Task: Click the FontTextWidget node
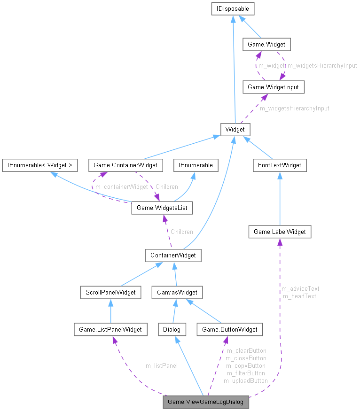280,165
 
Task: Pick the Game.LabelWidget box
280,232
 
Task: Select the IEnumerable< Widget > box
39,165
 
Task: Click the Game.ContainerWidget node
125,165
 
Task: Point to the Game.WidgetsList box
162,207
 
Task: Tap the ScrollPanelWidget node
110,292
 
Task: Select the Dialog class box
172,329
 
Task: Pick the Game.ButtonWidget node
229,329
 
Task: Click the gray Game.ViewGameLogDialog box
205,403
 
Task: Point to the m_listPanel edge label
161,365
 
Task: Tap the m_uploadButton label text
245,380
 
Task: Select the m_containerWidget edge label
121,187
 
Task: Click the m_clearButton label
246,350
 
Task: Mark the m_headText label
299,296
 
